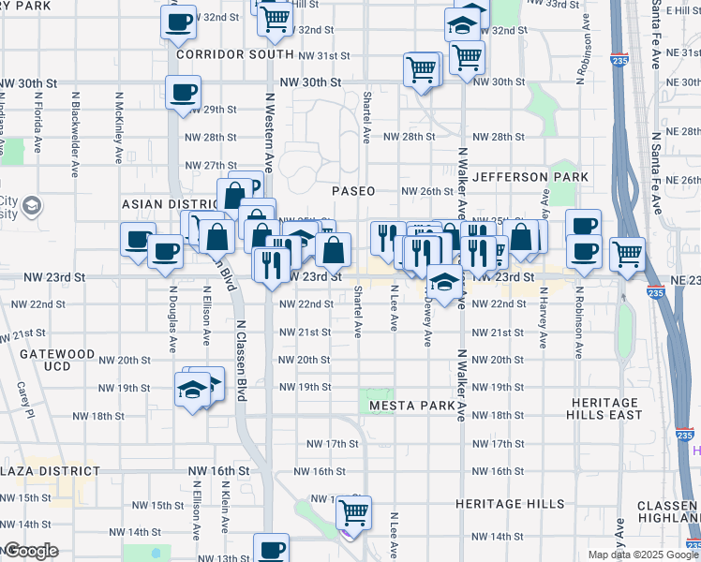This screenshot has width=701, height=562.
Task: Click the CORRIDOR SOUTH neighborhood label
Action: click(x=235, y=54)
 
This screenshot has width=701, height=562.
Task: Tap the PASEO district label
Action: click(x=354, y=191)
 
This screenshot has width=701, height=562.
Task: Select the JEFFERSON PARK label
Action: click(x=530, y=177)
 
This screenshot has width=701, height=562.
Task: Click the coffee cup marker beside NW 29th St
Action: click(x=183, y=93)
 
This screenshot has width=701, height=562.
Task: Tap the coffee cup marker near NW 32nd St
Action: click(x=177, y=21)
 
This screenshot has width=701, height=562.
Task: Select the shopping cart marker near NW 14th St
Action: click(x=354, y=511)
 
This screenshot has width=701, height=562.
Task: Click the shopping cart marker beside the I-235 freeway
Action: click(x=627, y=253)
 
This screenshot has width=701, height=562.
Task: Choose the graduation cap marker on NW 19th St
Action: click(x=192, y=388)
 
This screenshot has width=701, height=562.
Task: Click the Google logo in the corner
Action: click(x=30, y=551)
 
